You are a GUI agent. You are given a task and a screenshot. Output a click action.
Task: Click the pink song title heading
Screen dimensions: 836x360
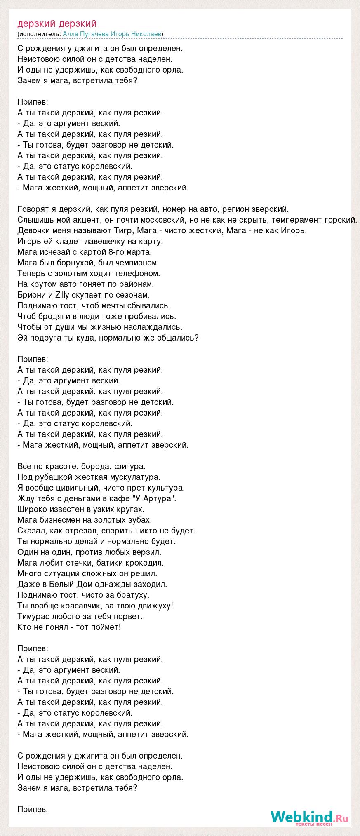57,24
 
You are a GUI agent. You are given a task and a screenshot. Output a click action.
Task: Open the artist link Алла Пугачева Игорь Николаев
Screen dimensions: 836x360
113,34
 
